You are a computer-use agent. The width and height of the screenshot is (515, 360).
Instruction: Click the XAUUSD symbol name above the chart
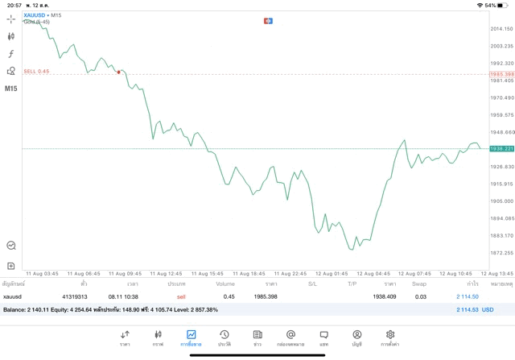pyautogui.click(x=34, y=15)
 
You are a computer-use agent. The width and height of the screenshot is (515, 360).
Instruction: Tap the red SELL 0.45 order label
pyautogui.click(x=36, y=71)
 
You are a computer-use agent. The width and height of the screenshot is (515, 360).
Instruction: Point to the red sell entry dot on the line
pyautogui.click(x=119, y=72)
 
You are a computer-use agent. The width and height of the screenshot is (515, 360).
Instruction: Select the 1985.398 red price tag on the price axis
pyautogui.click(x=501, y=74)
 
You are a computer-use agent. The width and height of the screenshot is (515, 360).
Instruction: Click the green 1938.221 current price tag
pyautogui.click(x=501, y=149)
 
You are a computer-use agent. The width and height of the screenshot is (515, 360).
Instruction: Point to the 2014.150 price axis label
pyautogui.click(x=501, y=29)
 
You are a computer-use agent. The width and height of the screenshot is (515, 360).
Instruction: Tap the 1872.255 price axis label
pyautogui.click(x=501, y=252)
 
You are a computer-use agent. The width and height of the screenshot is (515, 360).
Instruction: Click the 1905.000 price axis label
pyautogui.click(x=501, y=201)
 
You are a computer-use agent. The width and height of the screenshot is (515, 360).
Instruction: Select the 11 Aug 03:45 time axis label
pyautogui.click(x=40, y=273)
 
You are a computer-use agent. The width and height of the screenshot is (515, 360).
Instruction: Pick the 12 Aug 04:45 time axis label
pyautogui.click(x=373, y=273)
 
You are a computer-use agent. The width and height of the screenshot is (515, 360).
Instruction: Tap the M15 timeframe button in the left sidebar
pyautogui.click(x=11, y=89)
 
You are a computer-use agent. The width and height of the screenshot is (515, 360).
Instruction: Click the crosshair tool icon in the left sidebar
pyautogui.click(x=11, y=19)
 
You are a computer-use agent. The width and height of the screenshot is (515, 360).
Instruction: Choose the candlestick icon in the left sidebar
pyautogui.click(x=11, y=36)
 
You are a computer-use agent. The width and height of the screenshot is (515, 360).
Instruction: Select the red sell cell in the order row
pyautogui.click(x=181, y=296)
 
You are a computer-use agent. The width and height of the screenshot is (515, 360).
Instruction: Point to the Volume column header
pyautogui.click(x=225, y=283)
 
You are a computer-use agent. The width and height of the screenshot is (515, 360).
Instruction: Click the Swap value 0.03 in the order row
pyautogui.click(x=420, y=296)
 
